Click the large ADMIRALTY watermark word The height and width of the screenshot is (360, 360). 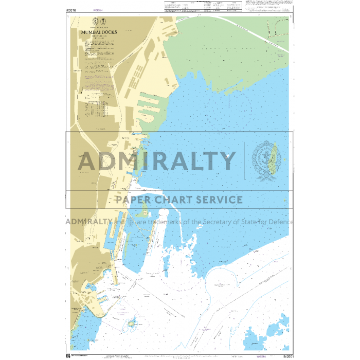tap(157, 161)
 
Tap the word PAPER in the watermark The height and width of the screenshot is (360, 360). tap(135, 200)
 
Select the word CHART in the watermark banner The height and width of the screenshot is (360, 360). tap(175, 200)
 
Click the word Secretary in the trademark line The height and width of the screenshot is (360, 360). tap(204, 222)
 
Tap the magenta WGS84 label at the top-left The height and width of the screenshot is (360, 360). tap(97, 10)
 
